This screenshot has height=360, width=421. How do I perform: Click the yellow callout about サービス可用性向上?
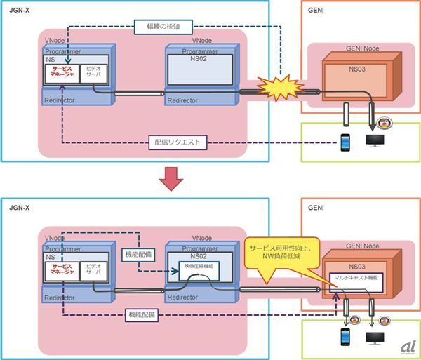(284, 253)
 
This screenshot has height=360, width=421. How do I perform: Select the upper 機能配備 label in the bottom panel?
(137, 252)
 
